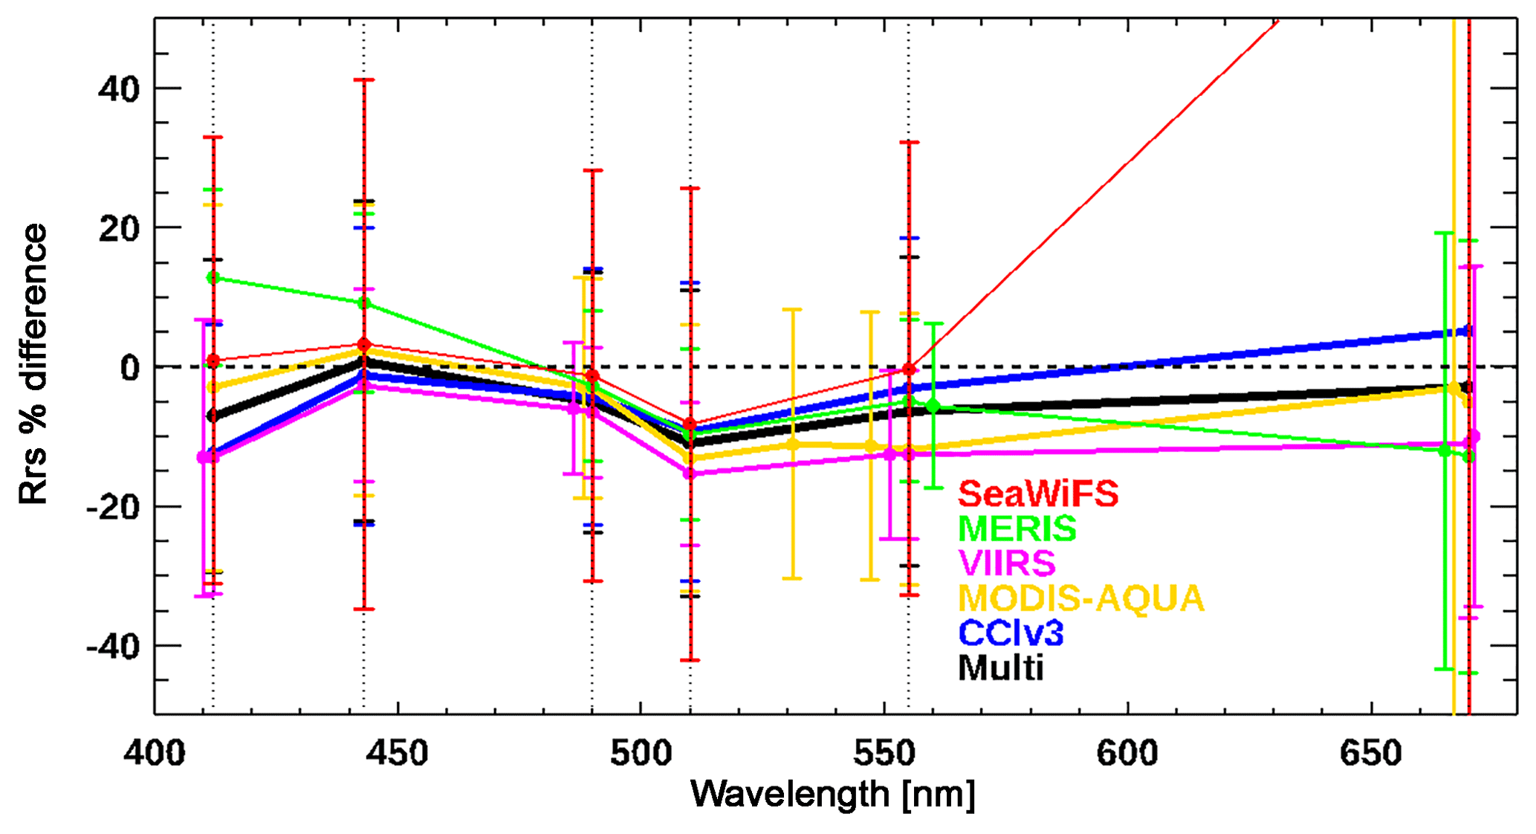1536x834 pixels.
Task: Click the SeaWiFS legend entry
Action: tap(1038, 494)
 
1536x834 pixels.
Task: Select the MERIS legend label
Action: tap(1017, 528)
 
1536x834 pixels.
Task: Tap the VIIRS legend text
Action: tap(1007, 563)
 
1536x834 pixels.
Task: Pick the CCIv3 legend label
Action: tap(1011, 633)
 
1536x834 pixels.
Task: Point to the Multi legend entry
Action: tap(1001, 667)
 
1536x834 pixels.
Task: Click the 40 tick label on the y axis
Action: tap(119, 89)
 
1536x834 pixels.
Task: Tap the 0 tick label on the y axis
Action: tap(131, 368)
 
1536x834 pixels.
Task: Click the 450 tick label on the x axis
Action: tap(398, 754)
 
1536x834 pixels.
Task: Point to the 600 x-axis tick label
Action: tap(1127, 754)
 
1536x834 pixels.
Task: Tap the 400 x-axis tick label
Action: tap(155, 754)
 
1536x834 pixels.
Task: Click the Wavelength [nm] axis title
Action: tap(833, 794)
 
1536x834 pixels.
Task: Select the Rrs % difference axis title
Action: tap(33, 364)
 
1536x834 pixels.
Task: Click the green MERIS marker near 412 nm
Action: tap(213, 277)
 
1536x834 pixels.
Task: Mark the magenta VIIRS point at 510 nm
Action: tap(690, 473)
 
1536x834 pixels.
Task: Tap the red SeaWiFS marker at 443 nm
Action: tap(363, 344)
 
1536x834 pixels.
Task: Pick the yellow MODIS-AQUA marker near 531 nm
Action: tap(792, 445)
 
